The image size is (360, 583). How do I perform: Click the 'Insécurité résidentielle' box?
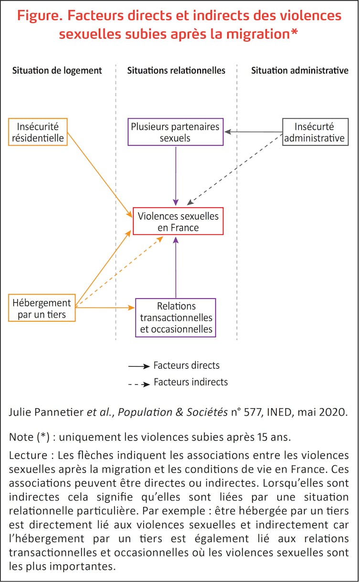pos(38,132)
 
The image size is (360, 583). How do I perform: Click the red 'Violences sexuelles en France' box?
pos(178,222)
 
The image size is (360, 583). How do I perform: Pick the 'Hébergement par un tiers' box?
pos(42,308)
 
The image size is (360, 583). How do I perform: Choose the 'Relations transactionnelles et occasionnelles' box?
pos(176,318)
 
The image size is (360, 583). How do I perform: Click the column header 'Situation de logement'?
pos(57,71)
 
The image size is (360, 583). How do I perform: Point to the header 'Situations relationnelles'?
pos(176,71)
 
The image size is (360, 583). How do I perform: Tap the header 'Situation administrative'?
pos(300,71)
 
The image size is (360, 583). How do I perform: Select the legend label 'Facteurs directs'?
pos(186,366)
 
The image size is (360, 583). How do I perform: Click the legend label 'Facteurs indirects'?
pos(191,382)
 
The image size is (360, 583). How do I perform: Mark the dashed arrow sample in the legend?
pos(138,382)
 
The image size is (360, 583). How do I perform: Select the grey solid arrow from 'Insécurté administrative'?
pos(254,131)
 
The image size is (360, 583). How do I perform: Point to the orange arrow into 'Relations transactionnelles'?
pos(105,308)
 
